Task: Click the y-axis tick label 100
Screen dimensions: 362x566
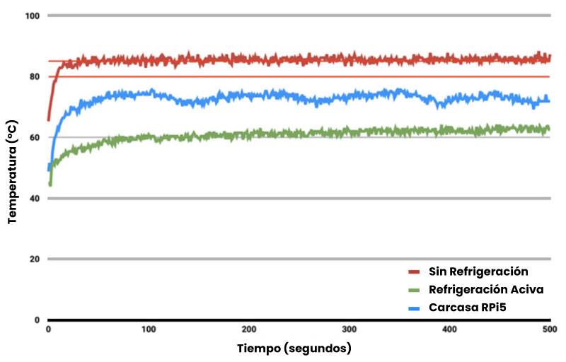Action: pyautogui.click(x=31, y=16)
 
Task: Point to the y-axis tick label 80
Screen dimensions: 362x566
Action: pyautogui.click(x=33, y=76)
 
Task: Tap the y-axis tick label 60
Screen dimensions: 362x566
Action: pyautogui.click(x=33, y=137)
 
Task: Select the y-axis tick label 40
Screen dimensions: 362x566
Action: pyautogui.click(x=33, y=198)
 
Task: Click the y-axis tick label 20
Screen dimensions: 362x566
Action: pyautogui.click(x=33, y=259)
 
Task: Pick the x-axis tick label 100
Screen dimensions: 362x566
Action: pyautogui.click(x=148, y=330)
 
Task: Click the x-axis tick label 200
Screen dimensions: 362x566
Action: pyautogui.click(x=248, y=330)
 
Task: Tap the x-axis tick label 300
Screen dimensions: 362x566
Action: pyautogui.click(x=349, y=330)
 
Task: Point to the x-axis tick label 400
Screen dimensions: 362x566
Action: pyautogui.click(x=449, y=330)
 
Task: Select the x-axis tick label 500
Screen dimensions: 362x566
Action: pyautogui.click(x=548, y=330)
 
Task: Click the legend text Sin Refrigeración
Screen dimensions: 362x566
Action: pyautogui.click(x=479, y=271)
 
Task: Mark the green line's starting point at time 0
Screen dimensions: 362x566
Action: pyautogui.click(x=50, y=184)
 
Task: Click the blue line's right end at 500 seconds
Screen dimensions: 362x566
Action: pyautogui.click(x=549, y=100)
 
